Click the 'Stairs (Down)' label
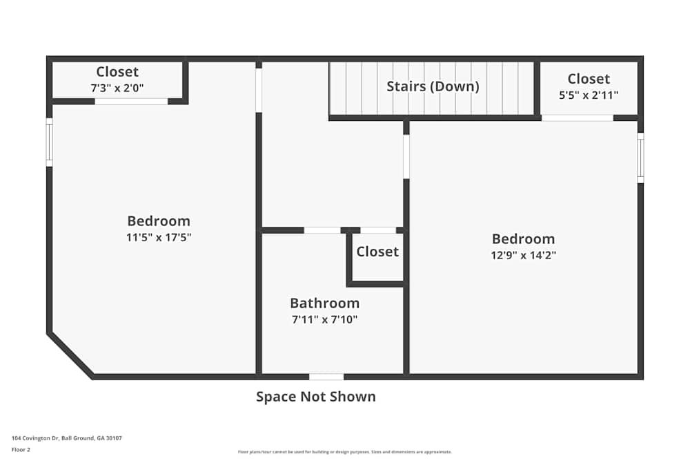433,86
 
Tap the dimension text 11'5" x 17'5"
159,237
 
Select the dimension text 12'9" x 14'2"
523,255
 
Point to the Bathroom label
324,303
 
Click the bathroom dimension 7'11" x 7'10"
324,319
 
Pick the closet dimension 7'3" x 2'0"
117,88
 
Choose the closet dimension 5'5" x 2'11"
589,95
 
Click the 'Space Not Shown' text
316,397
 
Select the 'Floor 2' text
21,449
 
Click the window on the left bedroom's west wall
49,142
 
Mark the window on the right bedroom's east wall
640,158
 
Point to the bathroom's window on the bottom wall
326,377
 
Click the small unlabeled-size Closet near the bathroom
377,252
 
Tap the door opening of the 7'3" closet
131,102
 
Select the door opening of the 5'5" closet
577,117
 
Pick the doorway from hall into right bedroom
406,156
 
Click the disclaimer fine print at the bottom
345,452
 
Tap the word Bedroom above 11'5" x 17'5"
159,221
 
